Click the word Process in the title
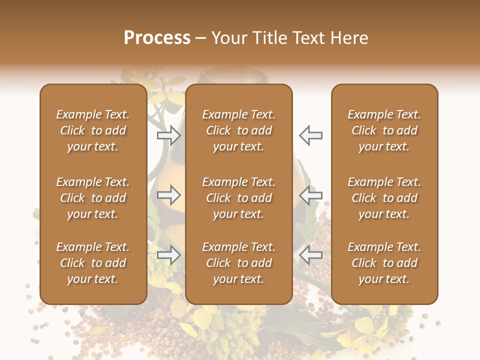tap(157, 38)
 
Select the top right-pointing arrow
tap(169, 135)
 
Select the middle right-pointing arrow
tap(169, 195)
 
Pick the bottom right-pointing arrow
tap(169, 255)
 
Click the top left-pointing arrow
tap(310, 135)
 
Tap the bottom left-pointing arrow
tap(310, 255)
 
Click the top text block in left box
tap(93, 130)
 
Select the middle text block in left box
tap(93, 198)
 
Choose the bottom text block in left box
tap(93, 263)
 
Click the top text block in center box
tap(238, 130)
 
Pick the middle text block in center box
tap(238, 198)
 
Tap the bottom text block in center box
tap(238, 263)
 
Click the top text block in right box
tap(384, 130)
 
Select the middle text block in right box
tap(384, 198)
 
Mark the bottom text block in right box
tap(384, 263)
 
